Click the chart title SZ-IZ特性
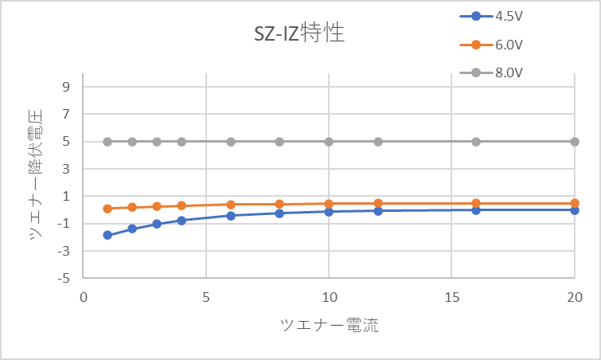click(x=295, y=34)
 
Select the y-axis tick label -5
click(x=66, y=279)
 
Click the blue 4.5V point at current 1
click(x=107, y=235)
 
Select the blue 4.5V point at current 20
click(x=574, y=209)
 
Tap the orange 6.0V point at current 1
click(x=107, y=209)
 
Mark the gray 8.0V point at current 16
click(x=476, y=142)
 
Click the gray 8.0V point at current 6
click(x=231, y=142)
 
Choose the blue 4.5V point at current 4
click(x=181, y=220)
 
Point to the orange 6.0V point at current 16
click(x=476, y=203)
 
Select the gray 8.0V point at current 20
click(x=574, y=142)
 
